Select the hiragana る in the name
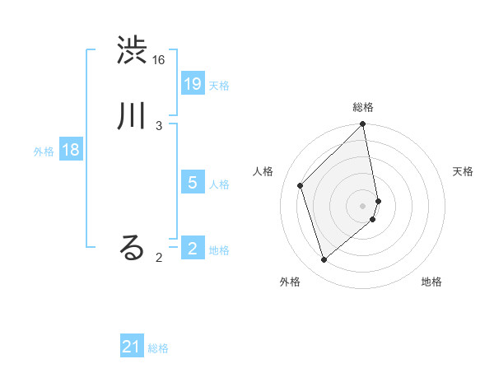click(133, 248)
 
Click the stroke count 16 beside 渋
click(159, 60)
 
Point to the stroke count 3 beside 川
click(159, 125)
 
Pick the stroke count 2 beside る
click(159, 258)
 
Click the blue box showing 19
click(193, 84)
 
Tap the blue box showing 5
click(193, 183)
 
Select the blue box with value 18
click(71, 150)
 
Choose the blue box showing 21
click(132, 347)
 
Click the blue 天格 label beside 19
click(219, 86)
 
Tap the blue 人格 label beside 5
click(219, 184)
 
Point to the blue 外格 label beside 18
click(44, 152)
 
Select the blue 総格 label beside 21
click(158, 348)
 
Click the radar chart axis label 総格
click(363, 107)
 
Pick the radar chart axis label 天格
click(464, 171)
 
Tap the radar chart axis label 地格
click(431, 282)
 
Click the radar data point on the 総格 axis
click(363, 125)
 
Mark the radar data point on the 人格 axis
click(301, 185)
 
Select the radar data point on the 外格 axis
click(324, 259)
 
